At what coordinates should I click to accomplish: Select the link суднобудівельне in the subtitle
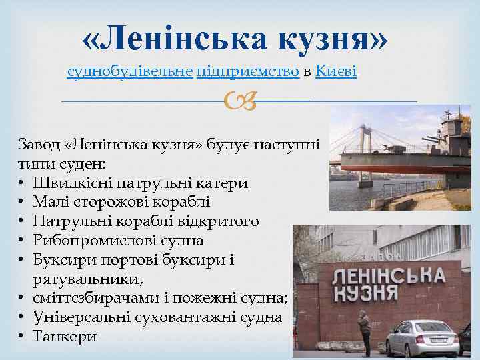(131, 71)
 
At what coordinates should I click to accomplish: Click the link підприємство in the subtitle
(247, 71)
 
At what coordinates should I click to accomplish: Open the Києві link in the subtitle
(336, 71)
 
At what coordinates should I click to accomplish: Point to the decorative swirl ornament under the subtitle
(239, 102)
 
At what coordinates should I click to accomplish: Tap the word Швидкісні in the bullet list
(74, 183)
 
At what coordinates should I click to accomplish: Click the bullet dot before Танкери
(23, 337)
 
